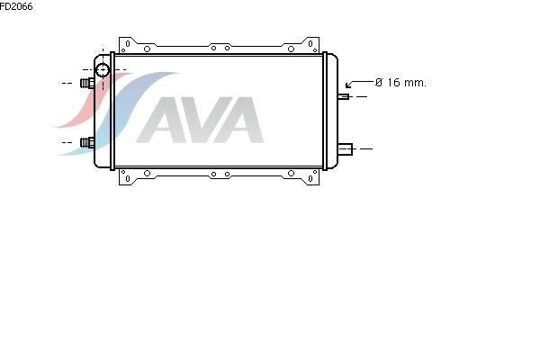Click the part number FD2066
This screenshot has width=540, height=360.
pyautogui.click(x=16, y=6)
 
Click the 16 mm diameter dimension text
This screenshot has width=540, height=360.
pyautogui.click(x=400, y=83)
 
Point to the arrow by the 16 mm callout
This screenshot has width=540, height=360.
pyautogui.click(x=359, y=84)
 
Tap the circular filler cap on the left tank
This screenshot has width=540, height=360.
pyautogui.click(x=103, y=70)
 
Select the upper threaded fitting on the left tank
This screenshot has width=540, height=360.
pyautogui.click(x=87, y=83)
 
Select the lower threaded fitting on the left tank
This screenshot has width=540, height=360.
pyautogui.click(x=87, y=142)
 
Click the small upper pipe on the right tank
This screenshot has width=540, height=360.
pyautogui.click(x=344, y=96)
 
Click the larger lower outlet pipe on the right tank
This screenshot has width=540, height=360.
pyautogui.click(x=345, y=148)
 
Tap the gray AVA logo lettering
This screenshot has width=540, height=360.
pyautogui.click(x=200, y=120)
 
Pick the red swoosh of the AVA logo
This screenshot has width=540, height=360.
pyautogui.click(x=90, y=100)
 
